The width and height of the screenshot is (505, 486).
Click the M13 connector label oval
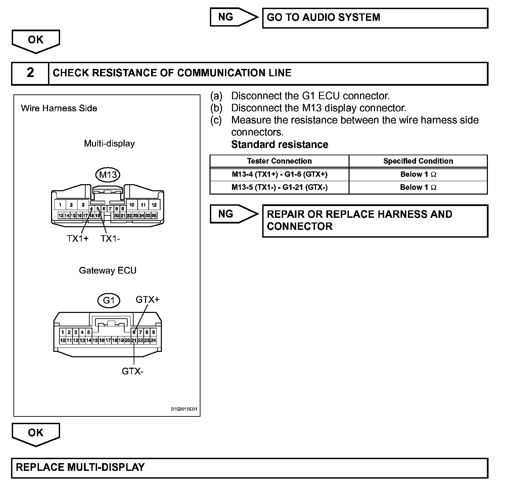(x=108, y=175)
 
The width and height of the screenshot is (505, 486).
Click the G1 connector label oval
(x=109, y=300)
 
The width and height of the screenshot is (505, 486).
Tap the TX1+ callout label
(x=78, y=239)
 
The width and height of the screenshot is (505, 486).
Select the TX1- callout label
(x=110, y=239)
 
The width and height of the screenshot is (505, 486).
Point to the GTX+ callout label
(x=147, y=299)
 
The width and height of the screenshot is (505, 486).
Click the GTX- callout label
(x=133, y=371)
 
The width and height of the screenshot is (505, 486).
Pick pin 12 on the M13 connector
(x=154, y=205)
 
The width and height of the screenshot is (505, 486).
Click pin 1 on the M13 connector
(x=60, y=205)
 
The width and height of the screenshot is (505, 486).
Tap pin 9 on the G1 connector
(x=153, y=332)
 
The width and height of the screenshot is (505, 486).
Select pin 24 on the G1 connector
(x=153, y=340)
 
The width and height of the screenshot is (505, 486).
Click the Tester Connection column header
(x=279, y=161)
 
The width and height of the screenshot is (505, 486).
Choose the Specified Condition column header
(x=418, y=161)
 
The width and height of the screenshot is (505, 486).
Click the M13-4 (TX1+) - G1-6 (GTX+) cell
(x=279, y=174)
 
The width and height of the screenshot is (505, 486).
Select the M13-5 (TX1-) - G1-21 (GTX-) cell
(x=279, y=187)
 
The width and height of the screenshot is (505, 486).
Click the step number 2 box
(x=30, y=73)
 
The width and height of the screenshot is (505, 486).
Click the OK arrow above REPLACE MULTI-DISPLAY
(x=36, y=434)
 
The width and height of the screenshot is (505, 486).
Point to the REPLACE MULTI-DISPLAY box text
(x=80, y=467)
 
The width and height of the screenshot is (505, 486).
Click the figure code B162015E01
(x=184, y=409)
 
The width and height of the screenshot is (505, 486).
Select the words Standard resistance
(x=280, y=145)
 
